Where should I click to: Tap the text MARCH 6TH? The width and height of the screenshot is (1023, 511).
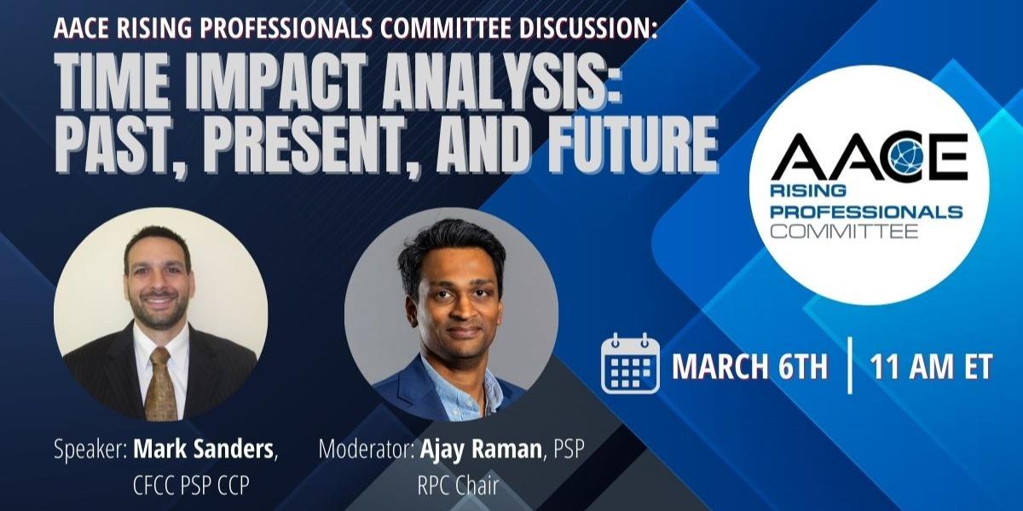click(749, 367)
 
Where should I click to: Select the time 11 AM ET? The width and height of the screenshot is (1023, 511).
click(930, 367)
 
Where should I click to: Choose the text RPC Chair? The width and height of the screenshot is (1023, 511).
click(457, 485)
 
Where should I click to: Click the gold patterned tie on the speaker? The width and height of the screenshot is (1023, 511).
click(161, 383)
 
